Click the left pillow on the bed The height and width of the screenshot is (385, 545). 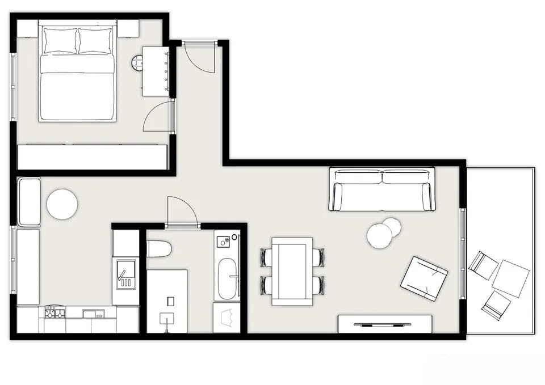pyautogui.click(x=60, y=41)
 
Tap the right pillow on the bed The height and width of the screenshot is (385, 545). pyautogui.click(x=95, y=41)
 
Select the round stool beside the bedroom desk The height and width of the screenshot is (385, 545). pyautogui.click(x=138, y=62)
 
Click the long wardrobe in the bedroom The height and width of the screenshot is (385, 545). pyautogui.click(x=93, y=157)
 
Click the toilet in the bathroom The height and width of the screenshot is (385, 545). pyautogui.click(x=159, y=248)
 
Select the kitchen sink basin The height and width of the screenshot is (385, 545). pyautogui.click(x=125, y=274)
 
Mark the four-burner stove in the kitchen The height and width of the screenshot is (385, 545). pyautogui.click(x=54, y=312)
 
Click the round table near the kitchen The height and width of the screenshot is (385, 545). pyautogui.click(x=62, y=204)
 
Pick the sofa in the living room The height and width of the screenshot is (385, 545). pyautogui.click(x=382, y=189)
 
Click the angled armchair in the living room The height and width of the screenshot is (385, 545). pyautogui.click(x=424, y=278)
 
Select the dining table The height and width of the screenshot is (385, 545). pyautogui.click(x=292, y=271)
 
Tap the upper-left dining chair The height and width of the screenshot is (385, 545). pyautogui.click(x=266, y=257)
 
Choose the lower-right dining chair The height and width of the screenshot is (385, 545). pyautogui.click(x=319, y=285)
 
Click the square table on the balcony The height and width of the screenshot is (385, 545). pyautogui.click(x=510, y=278)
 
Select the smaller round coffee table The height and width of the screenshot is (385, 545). pyautogui.click(x=392, y=227)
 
